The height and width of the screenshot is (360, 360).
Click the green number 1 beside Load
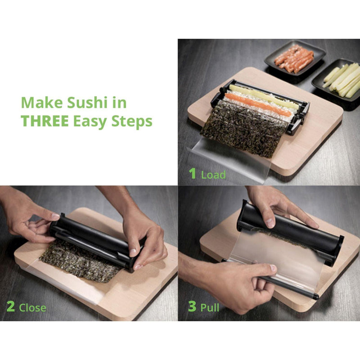(193, 174)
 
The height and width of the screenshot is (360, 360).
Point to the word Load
(213, 175)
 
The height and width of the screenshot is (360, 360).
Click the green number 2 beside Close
(10, 307)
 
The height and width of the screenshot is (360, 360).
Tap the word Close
(32, 308)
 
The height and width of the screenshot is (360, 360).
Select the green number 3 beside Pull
(192, 307)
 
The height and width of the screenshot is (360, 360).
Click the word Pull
(210, 308)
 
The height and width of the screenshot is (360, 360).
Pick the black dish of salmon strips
(294, 59)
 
